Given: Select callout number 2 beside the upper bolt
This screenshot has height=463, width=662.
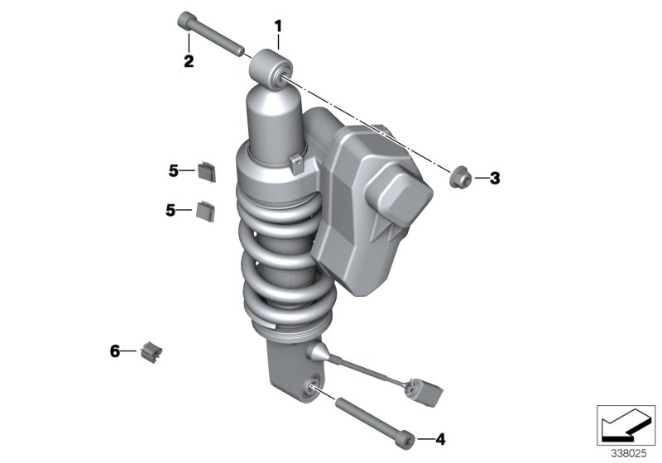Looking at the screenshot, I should click(x=189, y=61).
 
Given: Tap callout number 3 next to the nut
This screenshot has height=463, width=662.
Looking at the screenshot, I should click(x=494, y=178).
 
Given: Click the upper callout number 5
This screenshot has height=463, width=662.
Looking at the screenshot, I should click(x=174, y=171).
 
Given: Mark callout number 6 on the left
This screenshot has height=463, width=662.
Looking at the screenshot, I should click(x=115, y=351).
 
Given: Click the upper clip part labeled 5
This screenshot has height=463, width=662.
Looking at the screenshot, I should click(x=206, y=171).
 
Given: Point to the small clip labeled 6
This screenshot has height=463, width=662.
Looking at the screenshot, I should click(x=151, y=351).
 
